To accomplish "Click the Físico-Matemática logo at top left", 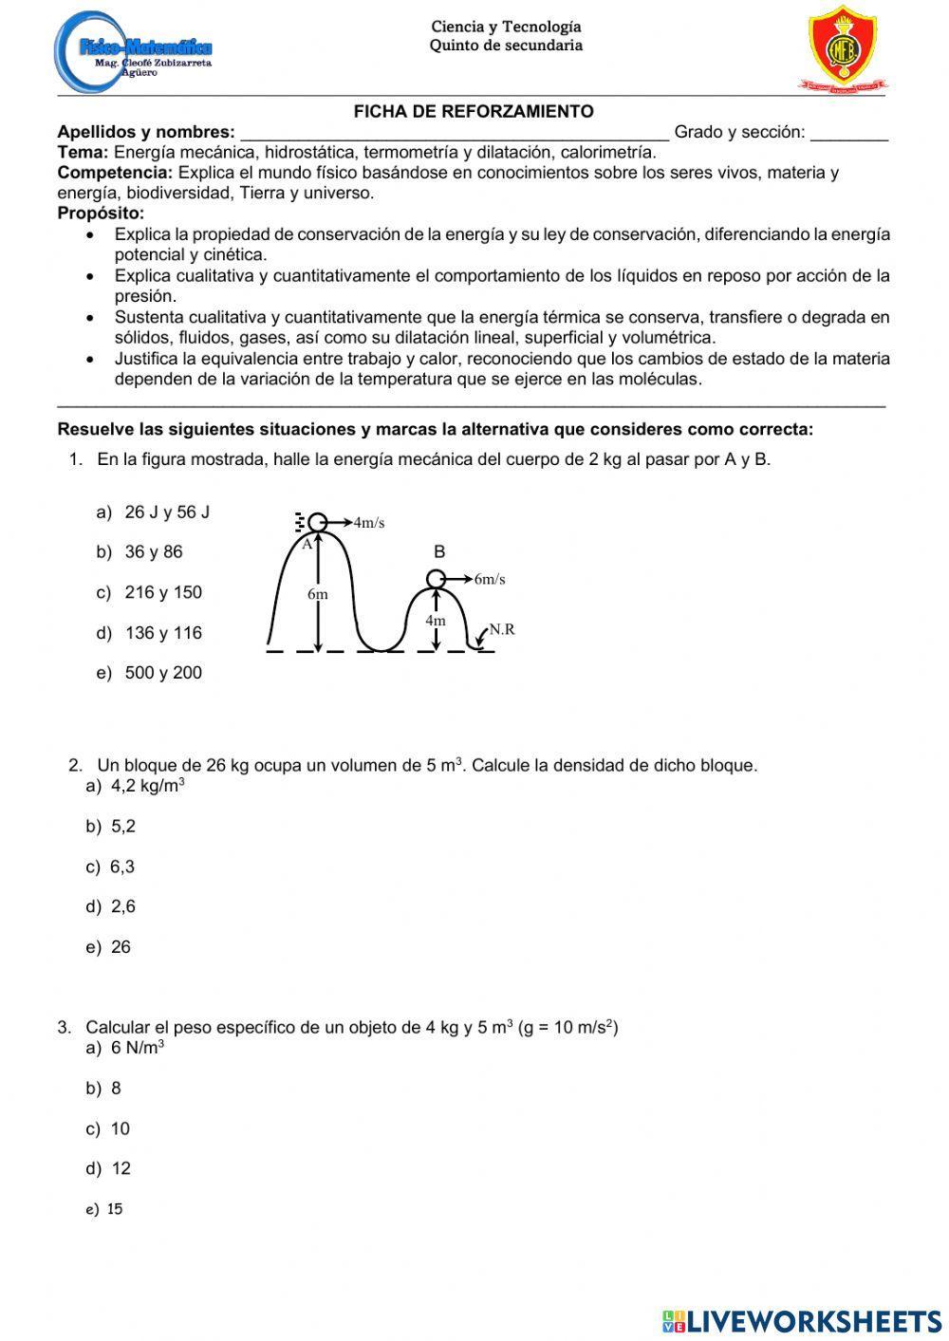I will [133, 49].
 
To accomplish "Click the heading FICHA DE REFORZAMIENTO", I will [474, 111].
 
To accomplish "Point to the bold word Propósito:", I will [101, 214].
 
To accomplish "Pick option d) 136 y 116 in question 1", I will [150, 633].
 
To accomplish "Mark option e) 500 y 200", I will [150, 673].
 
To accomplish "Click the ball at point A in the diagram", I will [318, 522].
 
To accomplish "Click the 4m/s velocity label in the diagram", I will [368, 522].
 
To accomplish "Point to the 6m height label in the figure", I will [318, 594].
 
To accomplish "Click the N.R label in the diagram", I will [502, 628].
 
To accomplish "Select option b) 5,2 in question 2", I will [112, 827].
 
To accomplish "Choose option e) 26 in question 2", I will [109, 947].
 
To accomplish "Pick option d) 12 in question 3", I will [109, 1168].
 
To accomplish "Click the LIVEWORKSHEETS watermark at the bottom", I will [802, 1320].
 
